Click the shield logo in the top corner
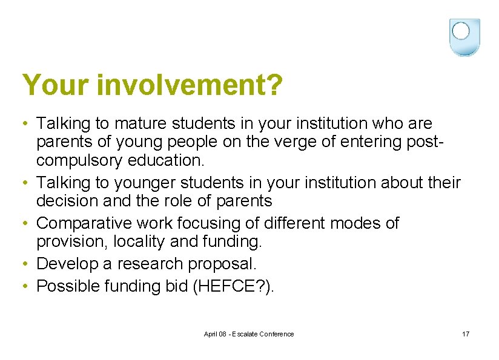point(464,37)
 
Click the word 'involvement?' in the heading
point(189,85)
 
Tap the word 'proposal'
point(220,264)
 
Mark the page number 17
point(465,334)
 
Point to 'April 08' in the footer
point(215,334)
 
